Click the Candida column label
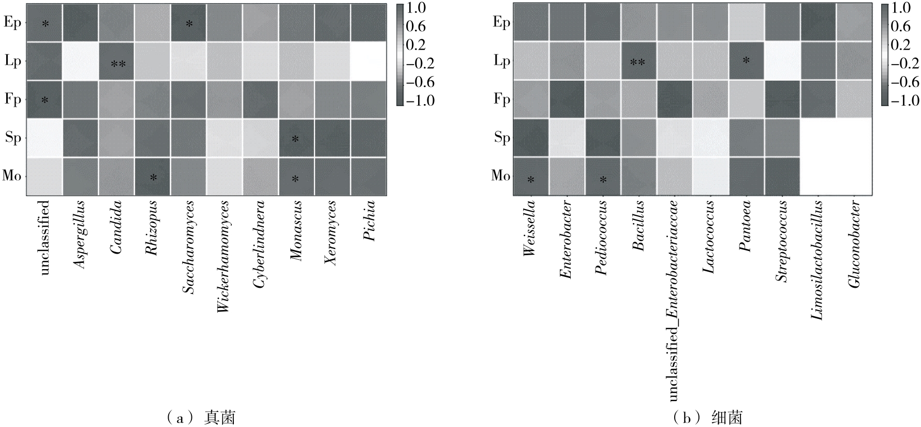(116, 227)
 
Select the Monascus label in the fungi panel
(295, 231)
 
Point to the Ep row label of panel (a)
(12, 23)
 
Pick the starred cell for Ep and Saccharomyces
(188, 23)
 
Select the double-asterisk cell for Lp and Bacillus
(637, 61)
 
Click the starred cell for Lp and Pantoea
(745, 61)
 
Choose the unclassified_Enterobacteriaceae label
(673, 300)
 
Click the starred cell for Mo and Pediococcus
(602, 176)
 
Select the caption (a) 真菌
(201, 417)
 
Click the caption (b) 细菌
(708, 417)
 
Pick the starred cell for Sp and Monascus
(295, 138)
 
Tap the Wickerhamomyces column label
(224, 257)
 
